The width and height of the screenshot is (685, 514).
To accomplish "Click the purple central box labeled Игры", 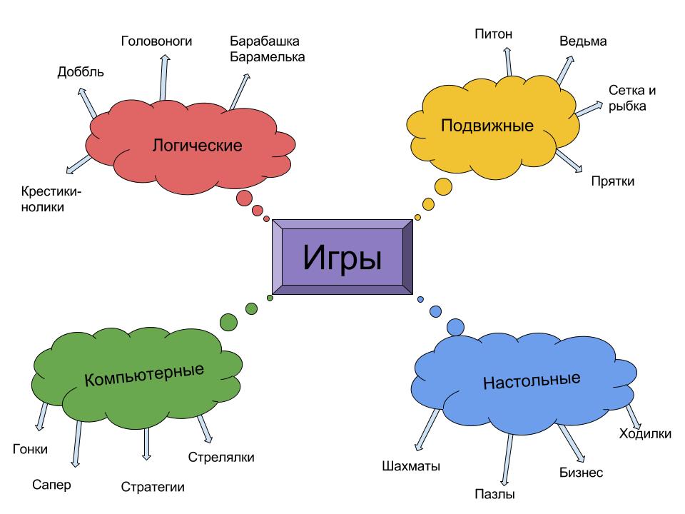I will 342,258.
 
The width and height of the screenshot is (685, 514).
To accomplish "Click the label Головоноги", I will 157,41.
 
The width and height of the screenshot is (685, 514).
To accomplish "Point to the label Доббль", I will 81,72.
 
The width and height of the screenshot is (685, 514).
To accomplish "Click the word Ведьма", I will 583,41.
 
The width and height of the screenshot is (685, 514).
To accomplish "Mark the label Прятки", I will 612,181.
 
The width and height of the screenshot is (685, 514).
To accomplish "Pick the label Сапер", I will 52,485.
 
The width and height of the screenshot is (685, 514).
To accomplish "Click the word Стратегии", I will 153,487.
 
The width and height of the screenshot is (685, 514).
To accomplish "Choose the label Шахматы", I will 411,467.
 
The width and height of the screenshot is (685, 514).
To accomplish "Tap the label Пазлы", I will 494,494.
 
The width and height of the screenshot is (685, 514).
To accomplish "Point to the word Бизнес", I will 581,473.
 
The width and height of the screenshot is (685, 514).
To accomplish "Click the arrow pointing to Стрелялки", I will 205,429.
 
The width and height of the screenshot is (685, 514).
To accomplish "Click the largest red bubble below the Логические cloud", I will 245,198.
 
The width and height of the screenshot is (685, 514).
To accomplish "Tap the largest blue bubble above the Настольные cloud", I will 455,327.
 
